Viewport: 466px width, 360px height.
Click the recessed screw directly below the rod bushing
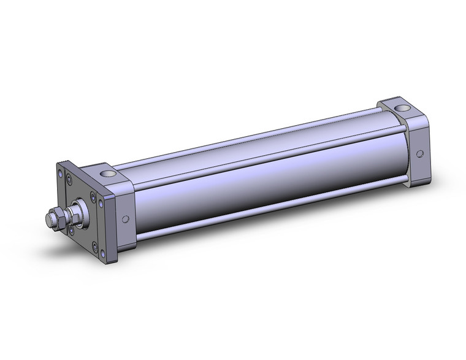72,230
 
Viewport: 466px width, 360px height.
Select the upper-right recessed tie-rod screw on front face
93,197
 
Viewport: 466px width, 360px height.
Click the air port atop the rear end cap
402,110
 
